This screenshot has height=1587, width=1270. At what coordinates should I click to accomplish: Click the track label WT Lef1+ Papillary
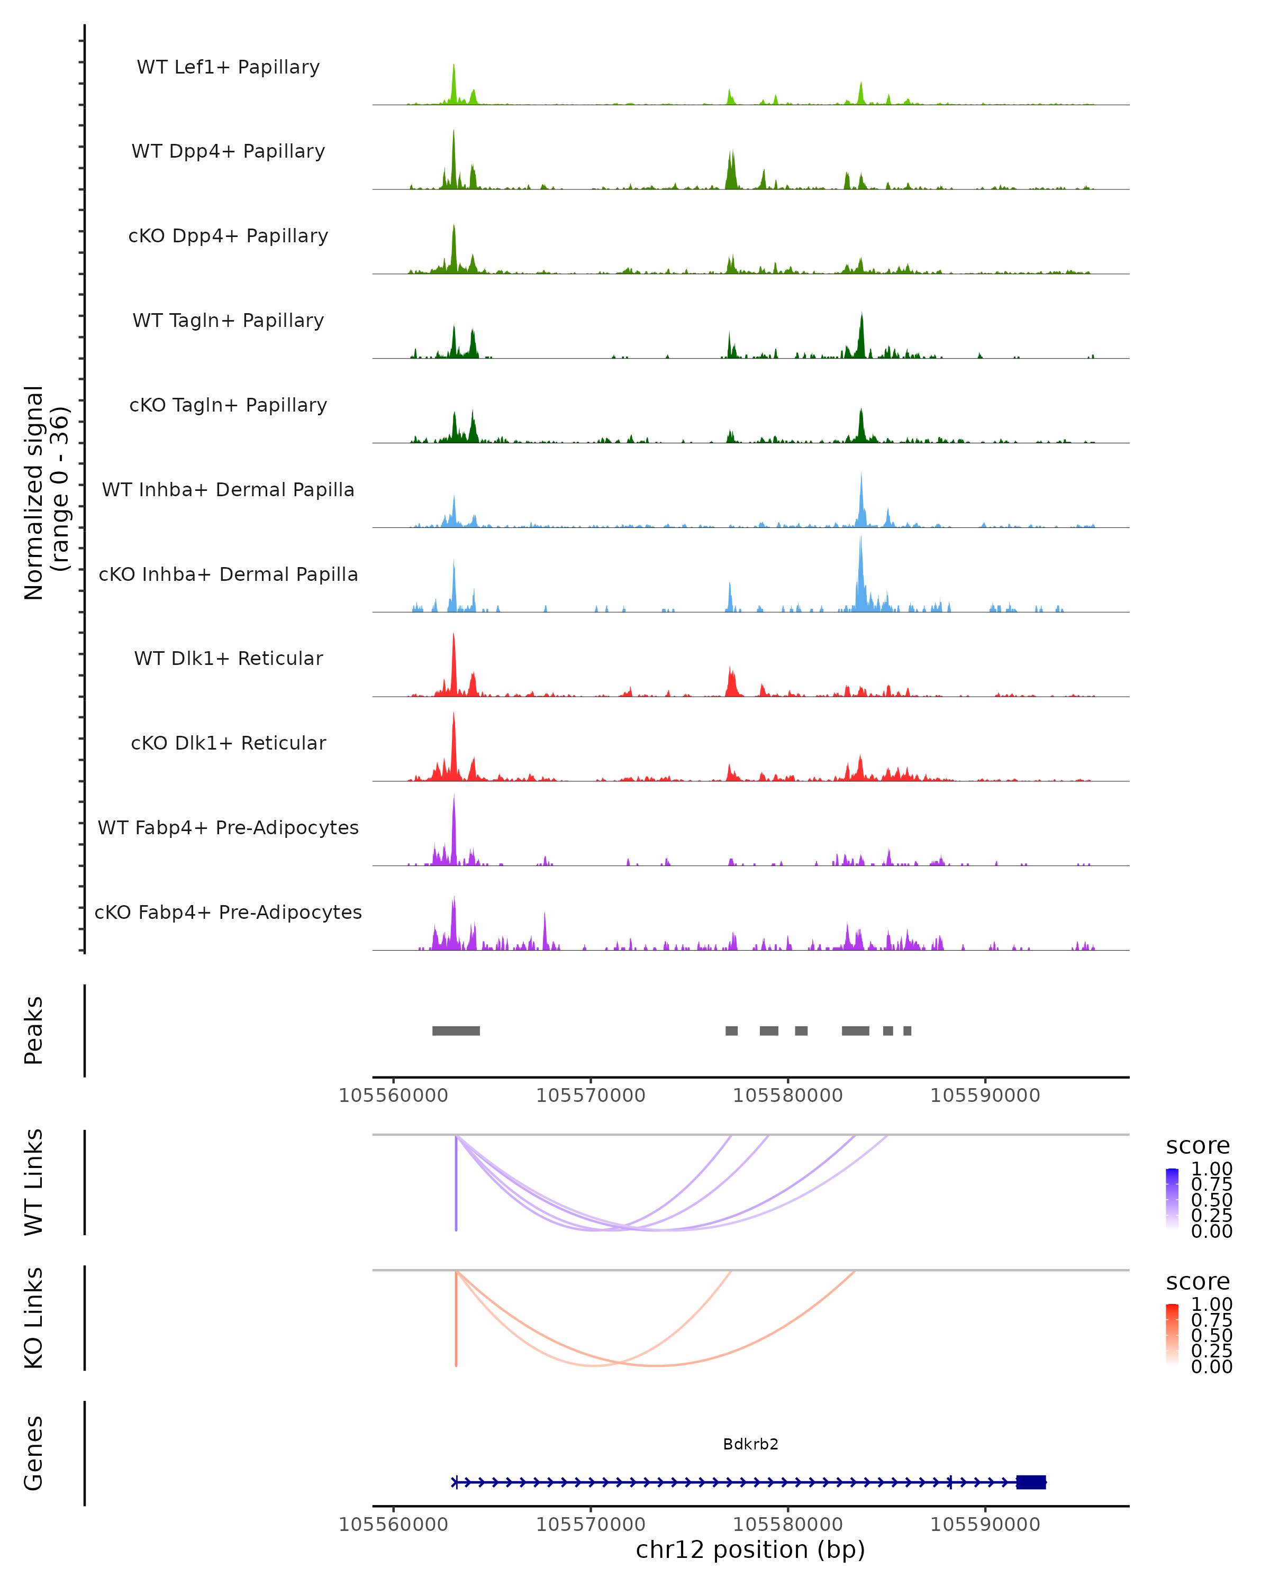tap(228, 67)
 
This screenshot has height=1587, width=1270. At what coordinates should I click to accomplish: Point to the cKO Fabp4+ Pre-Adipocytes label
tap(228, 912)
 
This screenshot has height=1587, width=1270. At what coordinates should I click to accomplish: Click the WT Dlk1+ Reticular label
tap(228, 658)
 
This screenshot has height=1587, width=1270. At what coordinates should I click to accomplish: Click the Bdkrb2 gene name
tap(750, 1444)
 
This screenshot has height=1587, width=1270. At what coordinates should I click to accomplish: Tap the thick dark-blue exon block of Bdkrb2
tap(1031, 1482)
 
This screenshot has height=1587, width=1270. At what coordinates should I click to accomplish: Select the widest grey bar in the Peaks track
tap(456, 1030)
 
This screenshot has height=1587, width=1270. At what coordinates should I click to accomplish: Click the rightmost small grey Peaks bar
tap(907, 1030)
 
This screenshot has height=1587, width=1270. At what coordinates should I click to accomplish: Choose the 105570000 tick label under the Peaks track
tap(591, 1096)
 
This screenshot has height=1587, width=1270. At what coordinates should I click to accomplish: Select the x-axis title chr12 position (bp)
tap(750, 1549)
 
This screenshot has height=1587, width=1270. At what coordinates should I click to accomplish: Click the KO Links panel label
tap(34, 1318)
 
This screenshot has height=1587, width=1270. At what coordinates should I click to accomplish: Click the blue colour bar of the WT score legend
tap(1172, 1198)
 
